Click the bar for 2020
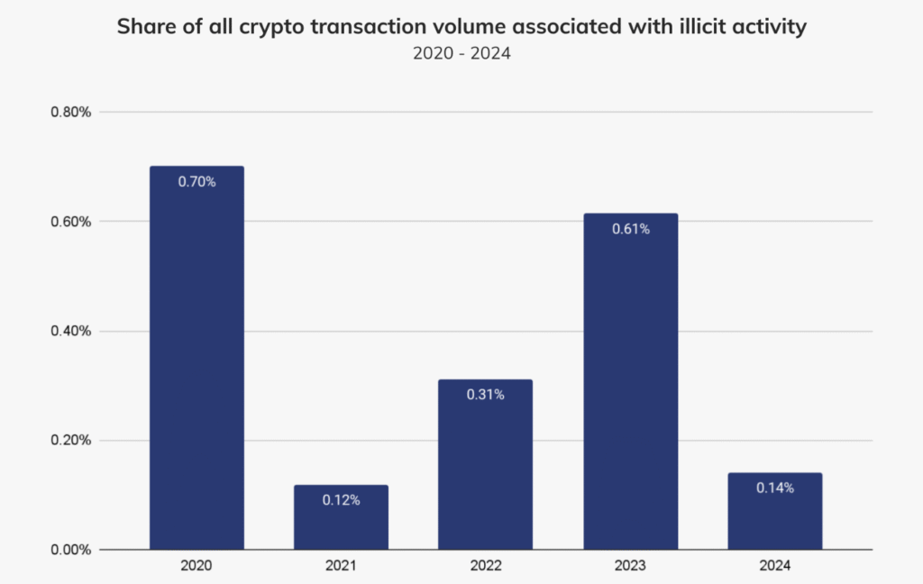coord(196,360)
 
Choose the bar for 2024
coord(775,514)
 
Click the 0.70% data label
coord(196,181)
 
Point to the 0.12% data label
coord(341,499)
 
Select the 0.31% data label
coord(485,395)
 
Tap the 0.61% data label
coord(630,229)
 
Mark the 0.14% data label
coord(775,488)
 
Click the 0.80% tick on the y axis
coord(70,113)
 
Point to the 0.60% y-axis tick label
coord(70,222)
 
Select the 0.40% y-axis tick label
coord(70,331)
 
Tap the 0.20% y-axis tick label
coord(70,441)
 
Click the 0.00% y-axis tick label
coord(70,550)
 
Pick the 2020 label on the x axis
coord(196,566)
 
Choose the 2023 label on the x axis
coord(630,566)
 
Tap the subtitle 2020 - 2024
coord(461,53)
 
